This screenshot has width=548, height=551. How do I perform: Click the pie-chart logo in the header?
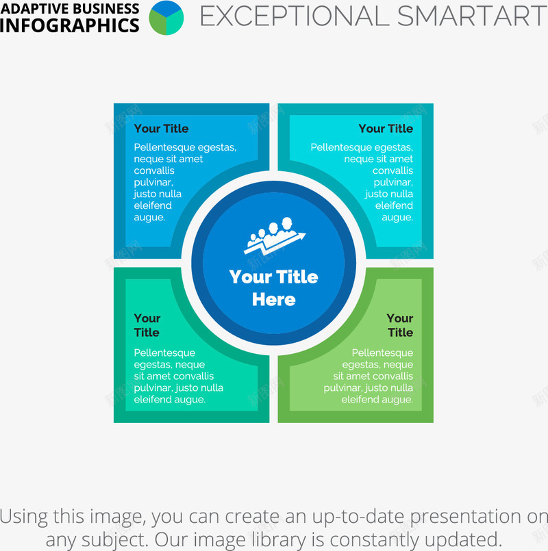coord(166,18)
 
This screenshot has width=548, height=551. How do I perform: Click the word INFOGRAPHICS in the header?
coord(70,25)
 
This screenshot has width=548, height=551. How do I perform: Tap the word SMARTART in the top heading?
coord(472,16)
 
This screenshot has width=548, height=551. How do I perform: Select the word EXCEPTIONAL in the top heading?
coord(295,16)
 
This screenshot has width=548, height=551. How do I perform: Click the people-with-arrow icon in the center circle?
coord(275,235)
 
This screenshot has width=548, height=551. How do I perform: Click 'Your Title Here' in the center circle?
coord(273,287)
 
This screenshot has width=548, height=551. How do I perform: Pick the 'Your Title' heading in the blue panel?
coord(161,129)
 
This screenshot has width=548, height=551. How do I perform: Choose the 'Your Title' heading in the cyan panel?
coord(386,129)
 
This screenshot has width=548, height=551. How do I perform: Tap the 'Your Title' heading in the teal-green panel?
coord(147,325)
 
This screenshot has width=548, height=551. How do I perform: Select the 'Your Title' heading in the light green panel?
coord(400,325)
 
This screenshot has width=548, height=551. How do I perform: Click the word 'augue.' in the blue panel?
coord(149,217)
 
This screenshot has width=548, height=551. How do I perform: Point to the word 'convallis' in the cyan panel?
coord(393,170)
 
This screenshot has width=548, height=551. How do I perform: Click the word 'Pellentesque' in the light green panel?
coord(382,353)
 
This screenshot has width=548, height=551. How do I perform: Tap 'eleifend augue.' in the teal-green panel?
coord(169,399)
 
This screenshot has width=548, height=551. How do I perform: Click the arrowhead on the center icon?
coord(301,235)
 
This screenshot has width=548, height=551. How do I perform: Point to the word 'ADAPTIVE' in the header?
coord(30,9)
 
